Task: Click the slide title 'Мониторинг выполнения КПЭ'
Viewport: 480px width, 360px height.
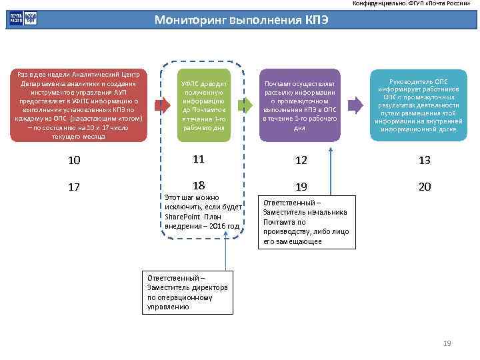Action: click(241, 20)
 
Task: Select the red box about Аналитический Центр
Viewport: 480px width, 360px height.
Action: click(79, 105)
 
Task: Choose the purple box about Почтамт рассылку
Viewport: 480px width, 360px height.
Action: click(299, 105)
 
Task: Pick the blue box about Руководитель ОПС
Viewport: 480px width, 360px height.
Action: click(417, 105)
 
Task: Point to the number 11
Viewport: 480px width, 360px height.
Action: click(198, 159)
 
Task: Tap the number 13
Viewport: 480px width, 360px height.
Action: click(425, 160)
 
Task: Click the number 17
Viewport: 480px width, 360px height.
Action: click(74, 187)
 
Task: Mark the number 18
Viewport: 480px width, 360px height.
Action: click(198, 185)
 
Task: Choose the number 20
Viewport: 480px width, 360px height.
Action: click(425, 187)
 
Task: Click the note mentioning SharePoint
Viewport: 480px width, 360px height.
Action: click(203, 212)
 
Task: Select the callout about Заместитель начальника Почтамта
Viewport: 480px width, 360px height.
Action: click(306, 222)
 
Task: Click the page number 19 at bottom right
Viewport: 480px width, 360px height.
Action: click(447, 343)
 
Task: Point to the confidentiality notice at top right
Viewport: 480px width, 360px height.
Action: click(415, 4)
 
